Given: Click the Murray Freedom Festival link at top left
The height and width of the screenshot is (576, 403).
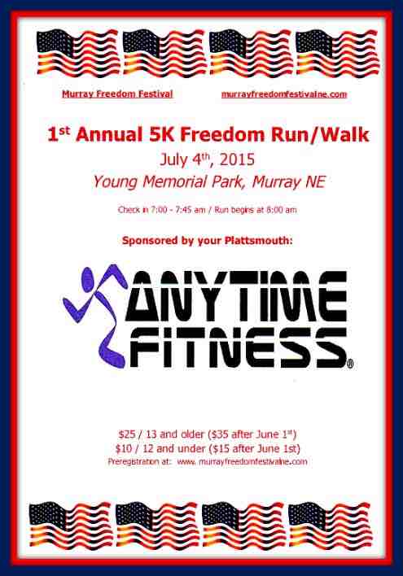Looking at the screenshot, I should click(x=117, y=94).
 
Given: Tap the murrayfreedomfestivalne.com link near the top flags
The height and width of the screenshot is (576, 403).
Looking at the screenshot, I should click(x=283, y=94).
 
